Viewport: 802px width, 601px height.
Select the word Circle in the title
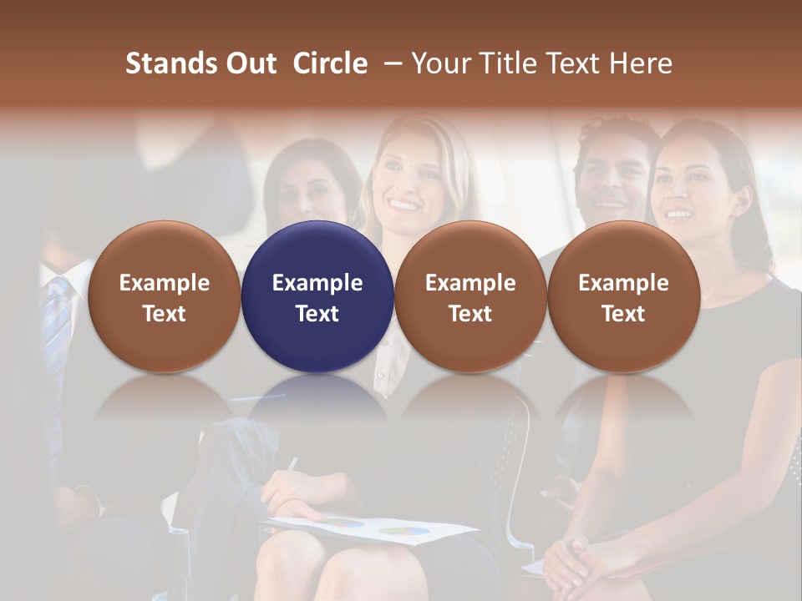[330, 63]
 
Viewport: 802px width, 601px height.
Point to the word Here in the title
[640, 63]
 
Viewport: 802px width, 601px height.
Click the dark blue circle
[317, 296]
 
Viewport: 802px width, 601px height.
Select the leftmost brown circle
[164, 296]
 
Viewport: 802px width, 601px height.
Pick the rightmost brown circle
[623, 296]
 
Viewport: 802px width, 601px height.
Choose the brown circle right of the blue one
[470, 296]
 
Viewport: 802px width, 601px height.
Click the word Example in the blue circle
[317, 283]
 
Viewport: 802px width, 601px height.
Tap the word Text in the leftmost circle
[164, 314]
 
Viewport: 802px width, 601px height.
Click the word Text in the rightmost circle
[623, 314]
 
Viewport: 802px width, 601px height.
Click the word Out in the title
[249, 63]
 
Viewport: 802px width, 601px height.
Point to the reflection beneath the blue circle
[317, 401]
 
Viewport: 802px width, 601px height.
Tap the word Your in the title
[442, 63]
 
